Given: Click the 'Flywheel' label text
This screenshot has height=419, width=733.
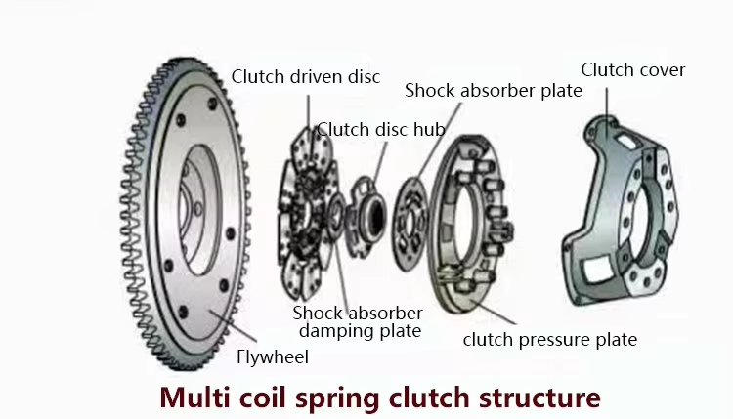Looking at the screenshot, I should point(272,357).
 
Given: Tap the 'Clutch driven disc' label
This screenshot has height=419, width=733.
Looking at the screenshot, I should point(306,76).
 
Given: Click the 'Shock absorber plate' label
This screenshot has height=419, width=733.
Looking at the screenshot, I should point(494,91).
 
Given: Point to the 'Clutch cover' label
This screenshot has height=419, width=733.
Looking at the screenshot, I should point(633,70).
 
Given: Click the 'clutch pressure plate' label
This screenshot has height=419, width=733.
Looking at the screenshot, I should point(550,340).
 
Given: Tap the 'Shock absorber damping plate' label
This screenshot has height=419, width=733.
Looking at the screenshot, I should point(358,322).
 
